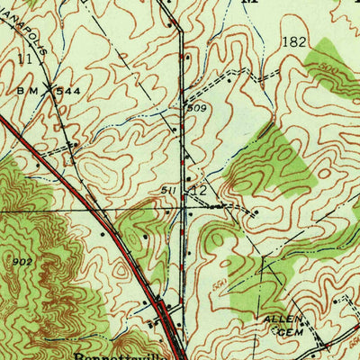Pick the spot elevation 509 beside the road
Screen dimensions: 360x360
(196, 108)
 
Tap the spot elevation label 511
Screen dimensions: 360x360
(169, 190)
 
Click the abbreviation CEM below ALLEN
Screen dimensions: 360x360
(286, 332)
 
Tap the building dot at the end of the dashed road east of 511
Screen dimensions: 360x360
(255, 213)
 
